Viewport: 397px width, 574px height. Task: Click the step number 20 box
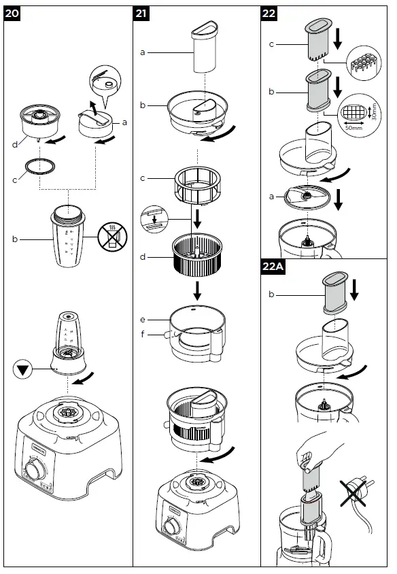[14, 15]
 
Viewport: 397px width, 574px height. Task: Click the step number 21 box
[142, 15]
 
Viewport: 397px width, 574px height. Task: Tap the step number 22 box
[271, 15]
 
